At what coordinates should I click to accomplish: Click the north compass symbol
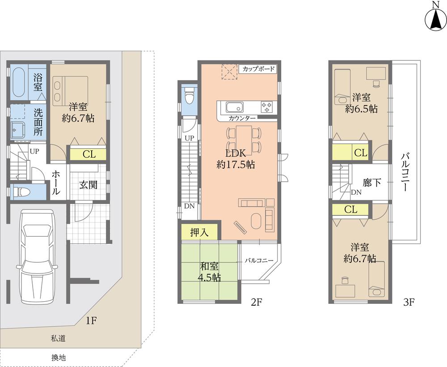(x=434, y=18)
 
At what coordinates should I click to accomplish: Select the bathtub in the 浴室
(x=18, y=82)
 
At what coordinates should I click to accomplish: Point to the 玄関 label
(x=89, y=184)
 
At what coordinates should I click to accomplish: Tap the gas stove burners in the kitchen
(x=267, y=107)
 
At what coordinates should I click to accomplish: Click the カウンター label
(x=242, y=119)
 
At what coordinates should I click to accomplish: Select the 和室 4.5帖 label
(x=209, y=272)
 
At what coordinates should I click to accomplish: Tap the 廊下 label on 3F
(x=372, y=184)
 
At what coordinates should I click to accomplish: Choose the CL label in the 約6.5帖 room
(x=360, y=153)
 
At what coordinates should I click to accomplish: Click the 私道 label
(x=59, y=339)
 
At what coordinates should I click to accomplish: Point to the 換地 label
(x=59, y=357)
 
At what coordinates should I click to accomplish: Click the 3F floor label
(x=409, y=302)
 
